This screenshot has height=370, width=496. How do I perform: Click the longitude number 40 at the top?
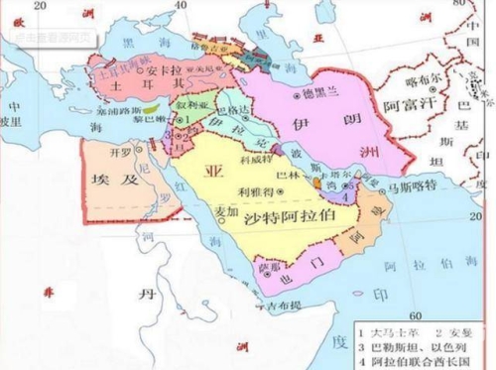pos(179,8)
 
